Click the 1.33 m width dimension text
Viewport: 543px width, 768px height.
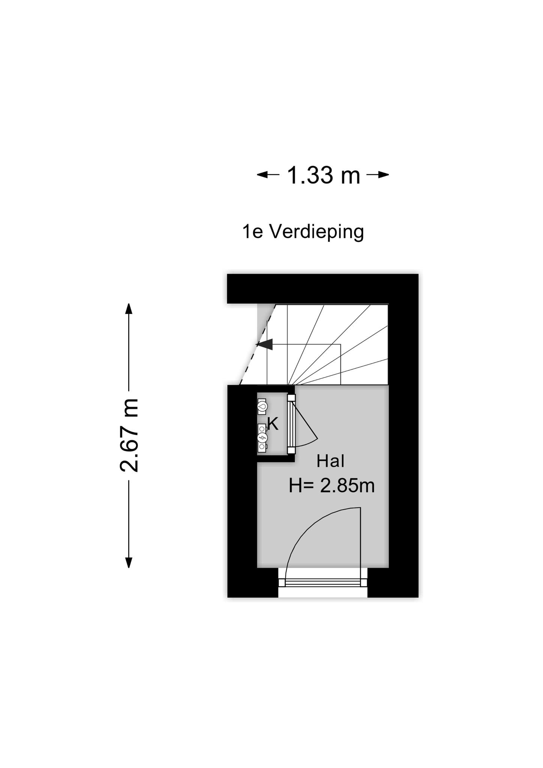coord(324,175)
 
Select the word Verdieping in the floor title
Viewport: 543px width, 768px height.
coord(317,232)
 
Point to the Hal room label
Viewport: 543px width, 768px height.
coord(330,461)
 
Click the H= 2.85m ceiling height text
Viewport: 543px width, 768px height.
coord(332,486)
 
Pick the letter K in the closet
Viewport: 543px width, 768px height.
coord(273,424)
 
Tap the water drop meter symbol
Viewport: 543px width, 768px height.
coord(262,406)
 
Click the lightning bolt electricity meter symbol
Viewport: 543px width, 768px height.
coord(262,437)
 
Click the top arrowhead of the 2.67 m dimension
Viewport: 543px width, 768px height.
coord(129,309)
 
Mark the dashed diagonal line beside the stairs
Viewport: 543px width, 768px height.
coord(257,345)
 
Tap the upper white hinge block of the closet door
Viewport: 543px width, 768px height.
coord(291,397)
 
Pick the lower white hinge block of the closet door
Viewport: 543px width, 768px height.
coord(291,450)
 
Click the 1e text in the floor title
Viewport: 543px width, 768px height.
coord(252,232)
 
